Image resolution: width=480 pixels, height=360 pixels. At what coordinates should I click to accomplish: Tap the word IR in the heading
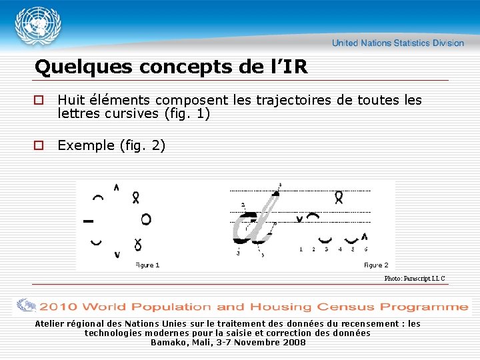297,67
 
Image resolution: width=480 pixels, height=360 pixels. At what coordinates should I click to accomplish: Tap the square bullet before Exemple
39,145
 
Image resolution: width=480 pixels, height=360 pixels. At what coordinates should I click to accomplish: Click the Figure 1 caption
147,265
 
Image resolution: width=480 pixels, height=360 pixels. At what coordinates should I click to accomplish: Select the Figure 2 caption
376,265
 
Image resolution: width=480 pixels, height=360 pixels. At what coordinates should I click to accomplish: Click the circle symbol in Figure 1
145,219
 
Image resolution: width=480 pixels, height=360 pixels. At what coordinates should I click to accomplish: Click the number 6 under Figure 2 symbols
365,249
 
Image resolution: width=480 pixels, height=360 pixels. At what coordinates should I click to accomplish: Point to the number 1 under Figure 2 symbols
301,249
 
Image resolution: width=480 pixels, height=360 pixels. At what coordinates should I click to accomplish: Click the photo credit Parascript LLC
414,279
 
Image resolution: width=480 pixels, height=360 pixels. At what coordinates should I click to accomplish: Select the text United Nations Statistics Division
398,43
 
